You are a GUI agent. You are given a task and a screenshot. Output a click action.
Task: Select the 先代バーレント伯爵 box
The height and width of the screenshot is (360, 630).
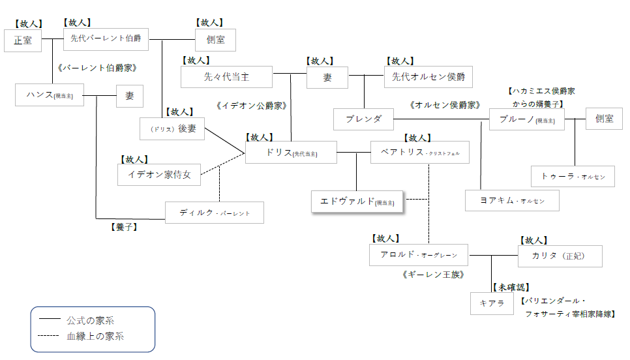106,38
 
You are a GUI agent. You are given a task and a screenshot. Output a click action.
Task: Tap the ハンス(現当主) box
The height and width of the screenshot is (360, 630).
50,95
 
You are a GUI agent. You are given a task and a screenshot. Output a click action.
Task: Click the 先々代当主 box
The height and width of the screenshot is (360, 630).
226,77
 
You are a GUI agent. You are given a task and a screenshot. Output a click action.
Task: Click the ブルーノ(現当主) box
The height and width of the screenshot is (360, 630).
526,119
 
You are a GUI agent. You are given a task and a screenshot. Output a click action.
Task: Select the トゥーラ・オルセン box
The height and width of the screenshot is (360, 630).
573,176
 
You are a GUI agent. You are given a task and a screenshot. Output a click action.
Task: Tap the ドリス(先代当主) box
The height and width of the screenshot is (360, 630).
291,153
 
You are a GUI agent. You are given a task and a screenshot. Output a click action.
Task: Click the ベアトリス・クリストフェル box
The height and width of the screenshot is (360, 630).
424,153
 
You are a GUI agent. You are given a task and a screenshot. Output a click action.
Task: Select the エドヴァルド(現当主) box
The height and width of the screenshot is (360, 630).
357,202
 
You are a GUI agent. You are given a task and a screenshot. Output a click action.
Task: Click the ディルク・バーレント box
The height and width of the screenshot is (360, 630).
214,213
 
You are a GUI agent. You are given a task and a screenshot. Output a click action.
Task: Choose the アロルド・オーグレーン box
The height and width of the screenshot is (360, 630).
419,255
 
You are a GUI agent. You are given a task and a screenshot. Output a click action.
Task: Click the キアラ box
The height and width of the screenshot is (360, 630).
492,303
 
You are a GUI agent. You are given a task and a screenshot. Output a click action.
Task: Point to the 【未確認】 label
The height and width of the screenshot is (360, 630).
511,287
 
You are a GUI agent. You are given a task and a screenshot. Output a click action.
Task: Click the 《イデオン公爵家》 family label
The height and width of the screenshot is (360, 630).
252,105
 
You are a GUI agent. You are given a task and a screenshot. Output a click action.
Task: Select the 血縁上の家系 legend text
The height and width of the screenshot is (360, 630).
95,337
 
